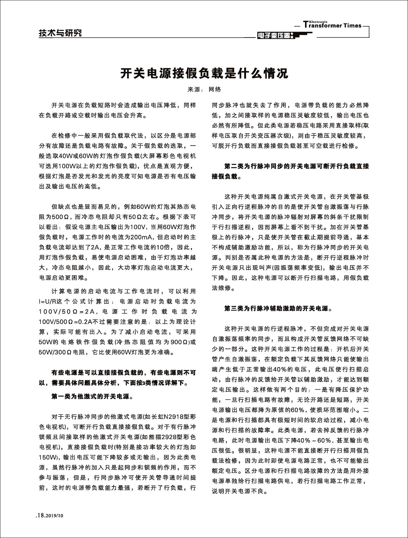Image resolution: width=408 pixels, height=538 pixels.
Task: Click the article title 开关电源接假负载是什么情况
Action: pos(204,73)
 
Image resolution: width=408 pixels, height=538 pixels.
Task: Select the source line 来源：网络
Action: pos(204,89)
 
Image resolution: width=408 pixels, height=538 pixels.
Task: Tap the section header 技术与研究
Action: pos(60,33)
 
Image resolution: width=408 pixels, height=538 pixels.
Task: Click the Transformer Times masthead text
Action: pos(333,25)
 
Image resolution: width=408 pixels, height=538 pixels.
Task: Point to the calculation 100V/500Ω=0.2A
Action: pos(66,322)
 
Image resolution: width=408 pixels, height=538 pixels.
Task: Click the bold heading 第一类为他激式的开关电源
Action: pos(92,396)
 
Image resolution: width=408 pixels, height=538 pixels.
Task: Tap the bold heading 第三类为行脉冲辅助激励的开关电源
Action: pos(278,309)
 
